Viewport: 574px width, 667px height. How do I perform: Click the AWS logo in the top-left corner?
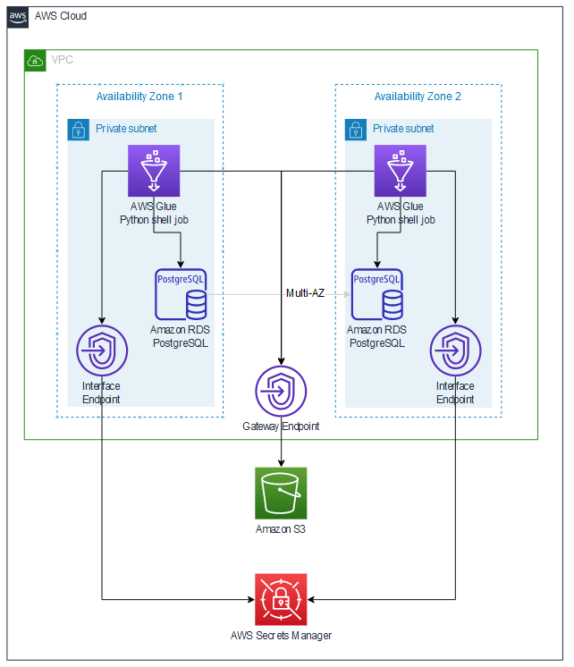click(18, 17)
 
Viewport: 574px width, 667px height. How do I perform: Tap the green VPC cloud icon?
click(35, 60)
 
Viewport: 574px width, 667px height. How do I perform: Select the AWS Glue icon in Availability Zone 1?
click(154, 170)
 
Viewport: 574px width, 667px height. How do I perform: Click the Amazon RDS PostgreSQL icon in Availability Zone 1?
click(181, 294)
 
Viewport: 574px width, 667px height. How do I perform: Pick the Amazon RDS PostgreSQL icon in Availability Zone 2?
click(376, 294)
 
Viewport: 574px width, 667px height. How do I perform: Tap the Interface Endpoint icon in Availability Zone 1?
click(103, 351)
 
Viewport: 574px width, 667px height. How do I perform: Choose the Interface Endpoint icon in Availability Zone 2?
click(456, 351)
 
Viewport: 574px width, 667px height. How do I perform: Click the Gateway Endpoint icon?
click(282, 391)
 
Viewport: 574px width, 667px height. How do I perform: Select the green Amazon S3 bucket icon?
click(282, 493)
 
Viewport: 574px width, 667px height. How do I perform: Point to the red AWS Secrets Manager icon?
click(281, 599)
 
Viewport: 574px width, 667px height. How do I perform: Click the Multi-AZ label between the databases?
click(305, 292)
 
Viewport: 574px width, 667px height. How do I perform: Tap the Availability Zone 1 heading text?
click(139, 97)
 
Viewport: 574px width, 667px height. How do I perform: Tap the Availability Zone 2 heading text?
click(418, 97)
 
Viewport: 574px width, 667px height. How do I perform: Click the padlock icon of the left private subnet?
click(79, 129)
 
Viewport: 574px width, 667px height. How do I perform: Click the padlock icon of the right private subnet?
click(355, 129)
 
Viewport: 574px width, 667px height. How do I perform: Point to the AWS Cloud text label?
click(61, 17)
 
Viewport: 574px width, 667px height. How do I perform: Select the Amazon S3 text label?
click(281, 529)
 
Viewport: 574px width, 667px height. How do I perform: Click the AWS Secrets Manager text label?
click(281, 636)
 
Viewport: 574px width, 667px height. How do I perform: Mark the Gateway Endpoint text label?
click(281, 426)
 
